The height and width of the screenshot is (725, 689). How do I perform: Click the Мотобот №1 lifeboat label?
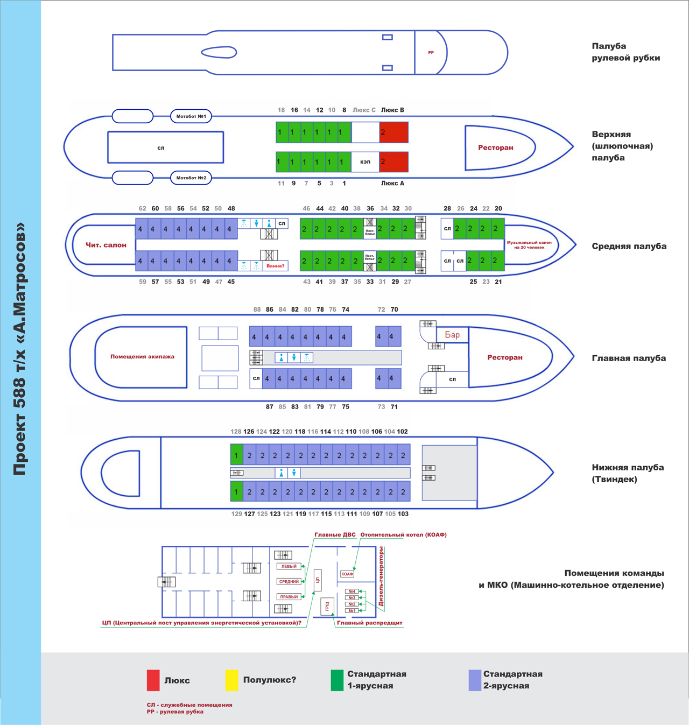click(x=191, y=116)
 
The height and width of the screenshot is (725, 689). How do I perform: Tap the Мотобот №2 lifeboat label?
click(x=191, y=178)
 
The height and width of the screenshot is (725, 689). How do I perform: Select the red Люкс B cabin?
click(x=394, y=132)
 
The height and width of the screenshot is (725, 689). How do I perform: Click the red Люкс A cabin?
click(x=394, y=161)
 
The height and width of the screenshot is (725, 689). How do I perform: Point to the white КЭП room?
click(x=365, y=161)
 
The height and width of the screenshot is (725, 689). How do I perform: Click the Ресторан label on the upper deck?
click(x=496, y=147)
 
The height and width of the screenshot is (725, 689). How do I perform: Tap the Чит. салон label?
click(x=106, y=245)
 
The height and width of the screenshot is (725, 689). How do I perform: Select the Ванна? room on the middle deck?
click(x=275, y=266)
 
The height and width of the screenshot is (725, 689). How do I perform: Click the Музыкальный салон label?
click(x=529, y=245)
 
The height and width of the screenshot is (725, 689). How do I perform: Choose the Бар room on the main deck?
click(x=452, y=335)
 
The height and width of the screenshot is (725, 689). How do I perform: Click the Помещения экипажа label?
click(x=142, y=356)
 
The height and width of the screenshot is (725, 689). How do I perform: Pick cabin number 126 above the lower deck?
click(x=249, y=432)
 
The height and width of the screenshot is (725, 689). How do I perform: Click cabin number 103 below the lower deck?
click(x=403, y=514)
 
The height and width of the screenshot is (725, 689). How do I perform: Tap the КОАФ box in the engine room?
click(x=347, y=574)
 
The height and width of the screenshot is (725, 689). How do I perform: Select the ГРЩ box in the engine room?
click(x=327, y=607)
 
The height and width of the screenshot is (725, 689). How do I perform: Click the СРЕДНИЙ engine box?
click(x=289, y=581)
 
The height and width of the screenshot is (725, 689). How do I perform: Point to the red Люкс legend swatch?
click(x=153, y=680)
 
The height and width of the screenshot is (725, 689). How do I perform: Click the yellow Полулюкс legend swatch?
click(x=231, y=680)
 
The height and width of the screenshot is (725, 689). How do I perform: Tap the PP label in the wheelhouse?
click(x=431, y=53)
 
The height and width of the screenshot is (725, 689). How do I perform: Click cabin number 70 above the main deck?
click(x=395, y=309)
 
